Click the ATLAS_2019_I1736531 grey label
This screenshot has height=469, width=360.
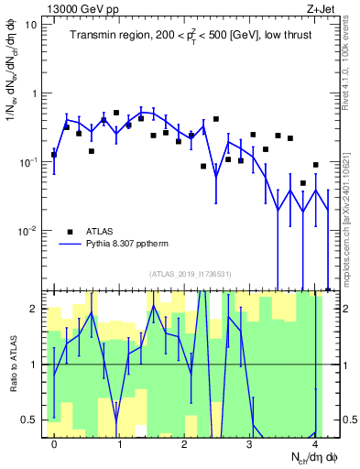click(190, 274)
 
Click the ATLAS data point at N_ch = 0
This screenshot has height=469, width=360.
click(54, 155)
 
